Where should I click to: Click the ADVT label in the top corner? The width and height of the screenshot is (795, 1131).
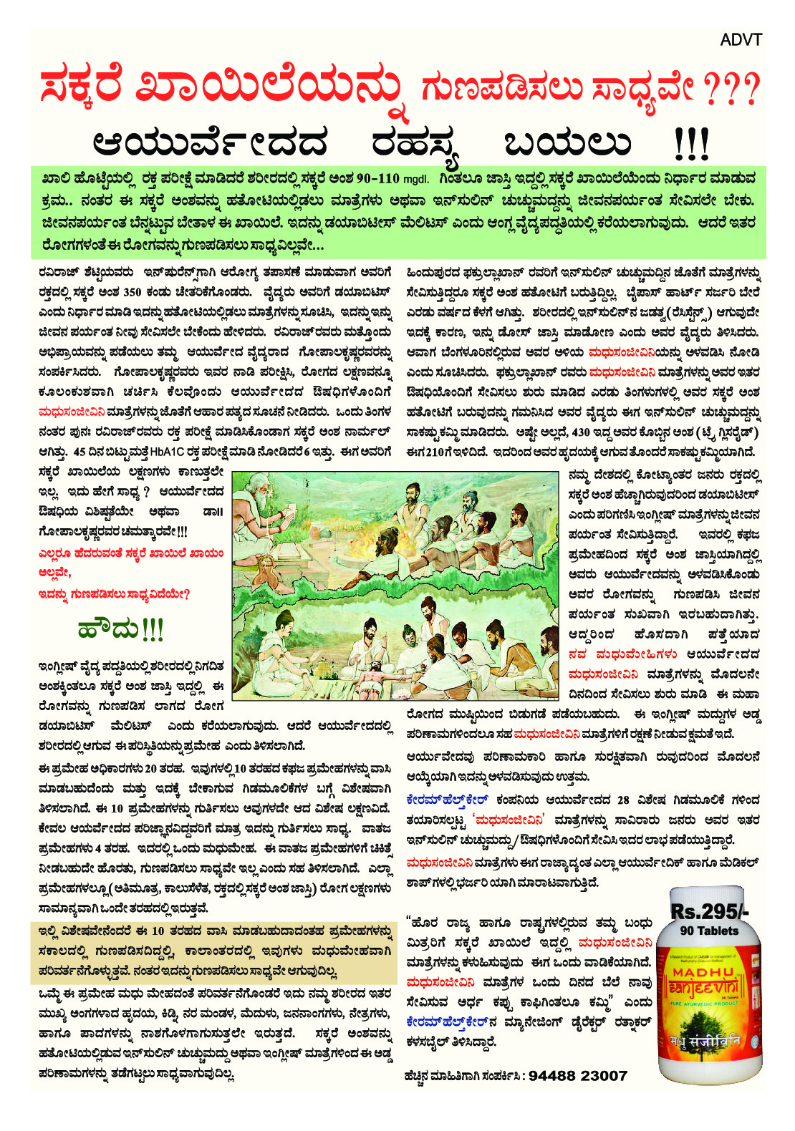pos(741,40)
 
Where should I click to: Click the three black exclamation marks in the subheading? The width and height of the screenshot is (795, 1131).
pos(691,144)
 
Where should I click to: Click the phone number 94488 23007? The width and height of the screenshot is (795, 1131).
pos(578,1076)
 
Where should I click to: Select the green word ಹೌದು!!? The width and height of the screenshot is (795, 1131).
pos(120,629)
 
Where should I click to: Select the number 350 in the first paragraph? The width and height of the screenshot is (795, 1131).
pos(132,292)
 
